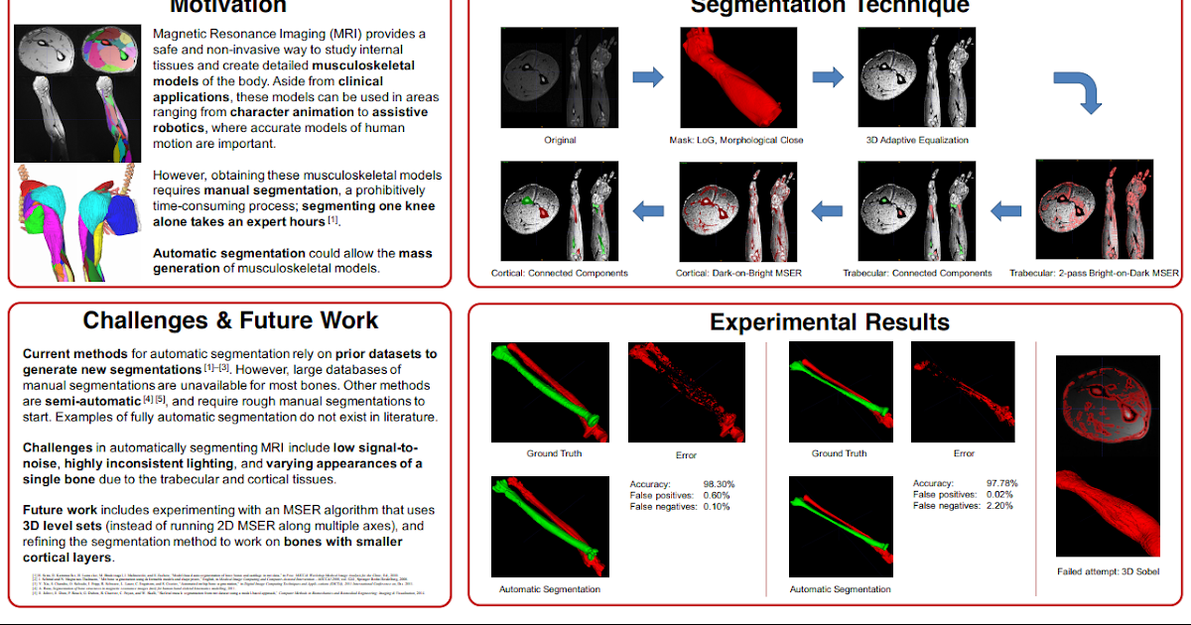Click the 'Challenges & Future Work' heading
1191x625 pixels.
pos(230,320)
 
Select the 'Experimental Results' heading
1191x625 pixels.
pos(829,322)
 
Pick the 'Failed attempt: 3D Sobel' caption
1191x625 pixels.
pos(1108,571)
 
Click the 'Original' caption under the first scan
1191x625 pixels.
pos(560,140)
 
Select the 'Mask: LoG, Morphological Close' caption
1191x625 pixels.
pos(736,140)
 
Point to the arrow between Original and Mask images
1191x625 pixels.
pos(648,76)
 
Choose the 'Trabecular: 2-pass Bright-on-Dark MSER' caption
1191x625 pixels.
pos(1094,272)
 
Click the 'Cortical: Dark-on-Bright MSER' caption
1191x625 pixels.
pos(736,272)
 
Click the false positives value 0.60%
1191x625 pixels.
pos(717,495)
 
